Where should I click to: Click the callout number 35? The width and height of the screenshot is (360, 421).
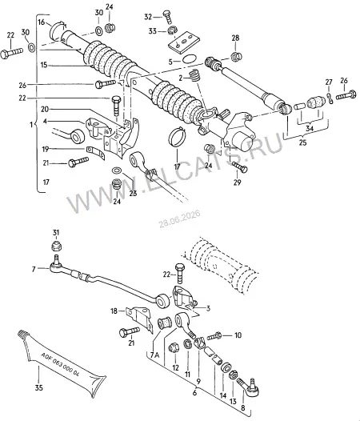(39, 387)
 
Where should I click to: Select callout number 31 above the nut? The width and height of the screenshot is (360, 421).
(55, 233)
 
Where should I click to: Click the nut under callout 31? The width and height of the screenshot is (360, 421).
(55, 246)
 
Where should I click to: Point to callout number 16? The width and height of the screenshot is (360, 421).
(42, 22)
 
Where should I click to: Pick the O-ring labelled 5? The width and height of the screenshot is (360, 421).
(190, 59)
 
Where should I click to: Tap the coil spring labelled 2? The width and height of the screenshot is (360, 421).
(195, 75)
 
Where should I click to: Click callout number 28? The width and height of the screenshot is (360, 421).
(235, 38)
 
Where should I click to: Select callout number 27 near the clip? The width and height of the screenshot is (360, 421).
(329, 82)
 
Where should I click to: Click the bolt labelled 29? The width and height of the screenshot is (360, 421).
(239, 167)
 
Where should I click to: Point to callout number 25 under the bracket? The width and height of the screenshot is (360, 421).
(302, 142)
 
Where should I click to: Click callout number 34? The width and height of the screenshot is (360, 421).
(310, 128)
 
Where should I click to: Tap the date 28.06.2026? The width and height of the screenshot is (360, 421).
(179, 219)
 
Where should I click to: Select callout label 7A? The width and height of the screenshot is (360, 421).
(154, 355)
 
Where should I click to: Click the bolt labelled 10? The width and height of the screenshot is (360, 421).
(214, 335)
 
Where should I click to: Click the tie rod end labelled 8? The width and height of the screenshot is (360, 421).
(249, 387)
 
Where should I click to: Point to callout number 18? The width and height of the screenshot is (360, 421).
(114, 311)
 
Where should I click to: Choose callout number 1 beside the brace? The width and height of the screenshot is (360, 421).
(31, 125)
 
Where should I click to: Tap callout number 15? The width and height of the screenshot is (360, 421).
(44, 65)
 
